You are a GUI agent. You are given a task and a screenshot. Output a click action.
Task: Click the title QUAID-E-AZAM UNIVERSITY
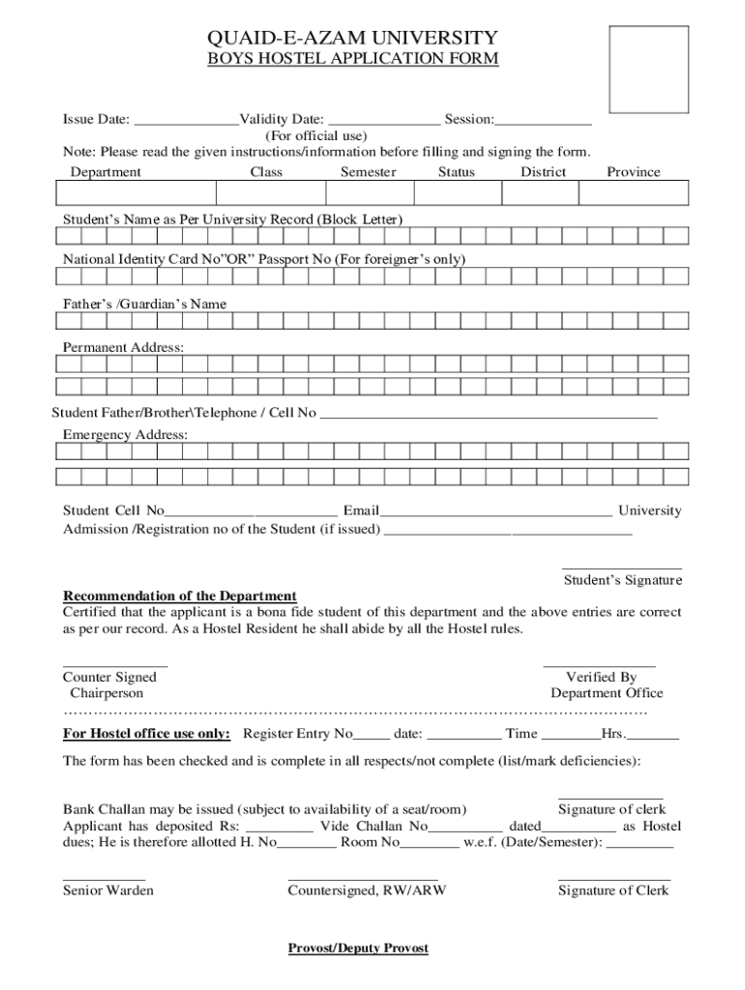pos(352,38)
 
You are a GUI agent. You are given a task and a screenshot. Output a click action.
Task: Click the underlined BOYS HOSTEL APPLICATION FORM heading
pos(353,59)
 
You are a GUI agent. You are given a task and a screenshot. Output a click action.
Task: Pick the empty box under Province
pos(634,193)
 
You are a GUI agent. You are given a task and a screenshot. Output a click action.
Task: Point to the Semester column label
pos(368,172)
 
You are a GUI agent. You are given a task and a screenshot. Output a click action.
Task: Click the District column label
pos(543,172)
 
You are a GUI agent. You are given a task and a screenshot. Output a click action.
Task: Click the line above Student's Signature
pos(622,568)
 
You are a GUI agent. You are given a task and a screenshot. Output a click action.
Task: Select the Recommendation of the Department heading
pos(180,596)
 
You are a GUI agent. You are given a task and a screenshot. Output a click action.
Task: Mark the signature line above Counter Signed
pos(115,666)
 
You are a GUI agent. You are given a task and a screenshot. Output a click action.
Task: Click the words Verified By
pos(601,678)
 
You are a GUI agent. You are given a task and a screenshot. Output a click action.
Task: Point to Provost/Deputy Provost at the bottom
pos(358,948)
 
